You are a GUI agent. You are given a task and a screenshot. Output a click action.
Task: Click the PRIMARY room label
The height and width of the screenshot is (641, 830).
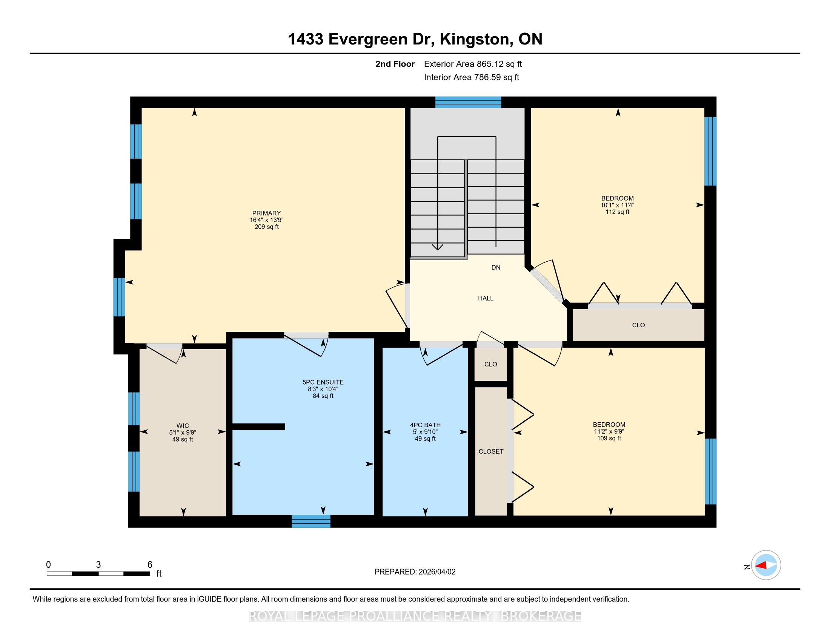[x=266, y=213]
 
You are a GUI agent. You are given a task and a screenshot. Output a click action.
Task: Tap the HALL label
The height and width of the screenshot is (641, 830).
[x=486, y=299]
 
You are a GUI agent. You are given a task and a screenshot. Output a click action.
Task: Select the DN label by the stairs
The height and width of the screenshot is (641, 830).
[x=496, y=267]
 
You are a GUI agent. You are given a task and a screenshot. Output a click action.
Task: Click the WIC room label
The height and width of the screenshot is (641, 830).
[x=183, y=426]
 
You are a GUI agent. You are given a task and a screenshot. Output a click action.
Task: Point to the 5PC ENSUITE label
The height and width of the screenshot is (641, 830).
[x=323, y=382]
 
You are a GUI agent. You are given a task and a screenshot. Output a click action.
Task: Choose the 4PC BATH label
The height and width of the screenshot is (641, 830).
[x=425, y=425]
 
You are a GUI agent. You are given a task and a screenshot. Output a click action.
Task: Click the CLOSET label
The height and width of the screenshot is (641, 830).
[x=491, y=451]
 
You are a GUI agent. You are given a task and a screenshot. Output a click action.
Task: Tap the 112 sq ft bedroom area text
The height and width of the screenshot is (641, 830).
[x=618, y=212]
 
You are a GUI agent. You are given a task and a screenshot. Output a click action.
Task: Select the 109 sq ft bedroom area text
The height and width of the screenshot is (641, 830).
[x=609, y=438]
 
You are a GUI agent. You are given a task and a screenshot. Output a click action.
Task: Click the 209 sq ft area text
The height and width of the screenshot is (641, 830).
[x=267, y=227]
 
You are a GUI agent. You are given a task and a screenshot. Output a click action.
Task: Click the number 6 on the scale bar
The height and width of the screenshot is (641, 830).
[x=150, y=565]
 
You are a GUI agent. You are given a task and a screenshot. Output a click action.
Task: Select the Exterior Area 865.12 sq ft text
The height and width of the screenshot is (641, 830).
[x=473, y=64]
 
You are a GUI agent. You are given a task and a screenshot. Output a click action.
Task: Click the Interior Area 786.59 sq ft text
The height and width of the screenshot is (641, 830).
[x=472, y=77]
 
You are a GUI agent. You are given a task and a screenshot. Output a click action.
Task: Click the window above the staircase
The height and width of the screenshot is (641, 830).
[x=468, y=102]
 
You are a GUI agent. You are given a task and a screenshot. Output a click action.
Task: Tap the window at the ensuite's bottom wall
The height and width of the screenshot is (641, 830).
[x=311, y=521]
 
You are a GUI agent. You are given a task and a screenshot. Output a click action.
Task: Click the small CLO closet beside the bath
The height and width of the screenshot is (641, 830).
[x=490, y=364]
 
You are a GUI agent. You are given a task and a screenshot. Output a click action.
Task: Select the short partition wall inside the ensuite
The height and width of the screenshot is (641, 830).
[x=258, y=426]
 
